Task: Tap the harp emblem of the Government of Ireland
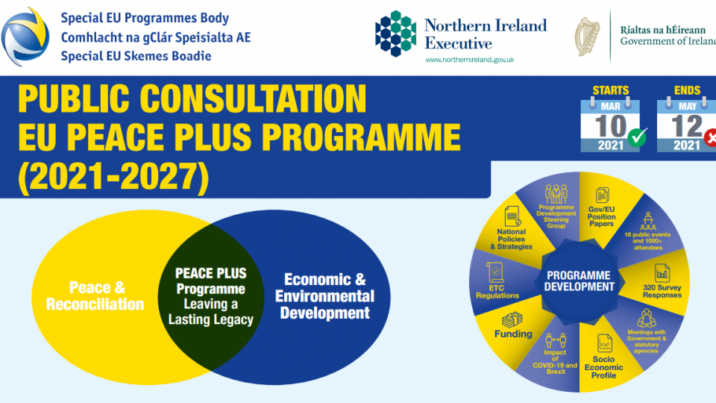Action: coord(587,35)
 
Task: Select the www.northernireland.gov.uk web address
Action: coord(459,60)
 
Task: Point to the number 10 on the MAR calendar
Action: coord(609,125)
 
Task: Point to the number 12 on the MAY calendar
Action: coord(686,125)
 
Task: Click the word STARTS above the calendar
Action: coord(610,91)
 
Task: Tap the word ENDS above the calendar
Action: coord(687,91)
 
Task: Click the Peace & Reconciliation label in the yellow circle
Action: coord(95,296)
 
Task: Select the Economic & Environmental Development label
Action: coord(324,296)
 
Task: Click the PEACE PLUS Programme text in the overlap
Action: coord(210,281)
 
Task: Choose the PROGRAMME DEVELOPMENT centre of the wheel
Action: coord(580,281)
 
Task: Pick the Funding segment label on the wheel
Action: coord(513,334)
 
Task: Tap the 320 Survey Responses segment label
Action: coord(662,290)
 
